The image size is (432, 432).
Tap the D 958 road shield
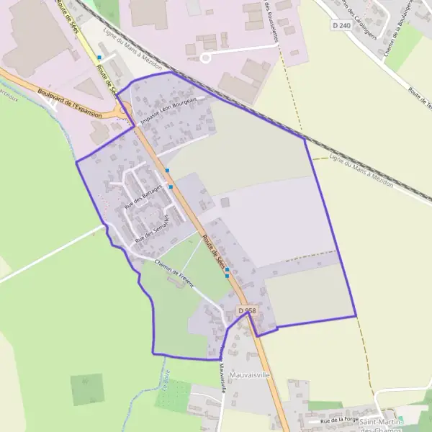pyautogui.click(x=247, y=310)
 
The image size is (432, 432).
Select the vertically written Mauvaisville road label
pyautogui.click(x=223, y=375)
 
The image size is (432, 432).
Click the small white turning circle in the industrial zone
pyautogui.click(x=204, y=56)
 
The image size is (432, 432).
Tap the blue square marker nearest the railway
pyautogui.click(x=99, y=57)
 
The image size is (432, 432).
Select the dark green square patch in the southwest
pyautogui.click(x=87, y=389)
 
